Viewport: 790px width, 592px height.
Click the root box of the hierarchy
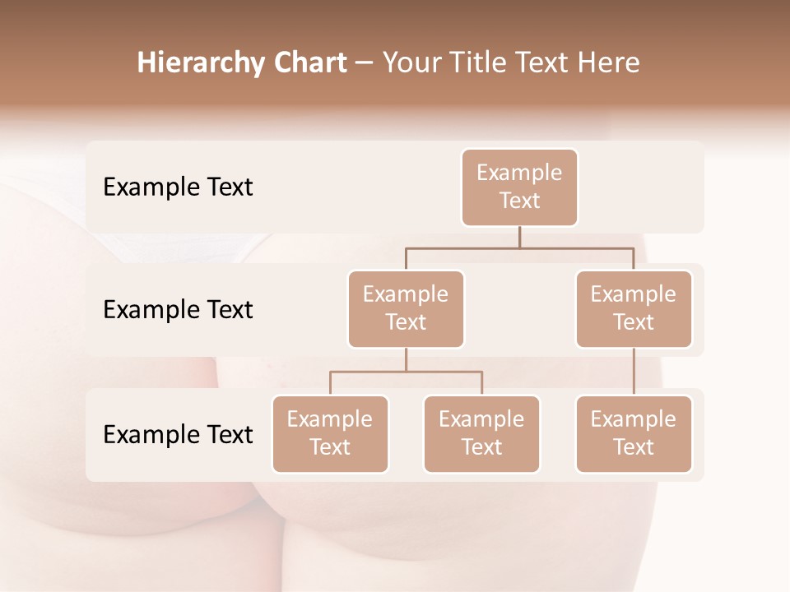pyautogui.click(x=519, y=187)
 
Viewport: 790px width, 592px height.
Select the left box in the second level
pyautogui.click(x=406, y=308)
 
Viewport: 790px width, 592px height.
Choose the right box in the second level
pyautogui.click(x=634, y=308)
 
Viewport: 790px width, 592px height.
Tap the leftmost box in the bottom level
pyautogui.click(x=330, y=433)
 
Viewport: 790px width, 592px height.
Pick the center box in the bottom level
pyautogui.click(x=481, y=433)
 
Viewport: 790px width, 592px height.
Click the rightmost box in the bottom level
pyautogui.click(x=634, y=433)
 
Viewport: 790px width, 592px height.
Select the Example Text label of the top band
pyautogui.click(x=178, y=187)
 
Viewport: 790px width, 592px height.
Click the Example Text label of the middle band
pyautogui.click(x=178, y=309)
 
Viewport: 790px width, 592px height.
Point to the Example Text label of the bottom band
pyautogui.click(x=178, y=434)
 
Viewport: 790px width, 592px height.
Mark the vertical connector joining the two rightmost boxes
pyautogui.click(x=634, y=372)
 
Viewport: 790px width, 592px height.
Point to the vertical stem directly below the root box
pyautogui.click(x=519, y=237)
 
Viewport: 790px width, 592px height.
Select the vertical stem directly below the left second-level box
pyautogui.click(x=406, y=359)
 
